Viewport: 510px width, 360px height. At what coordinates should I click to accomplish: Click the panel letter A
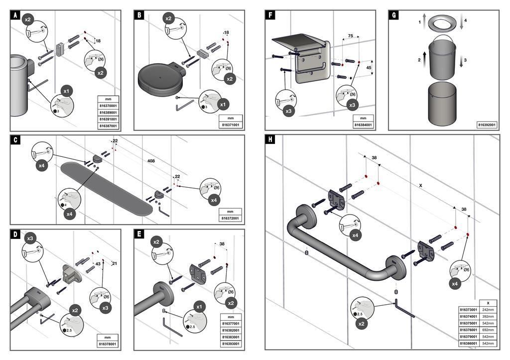click(15, 16)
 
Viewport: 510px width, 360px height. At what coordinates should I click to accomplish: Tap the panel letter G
click(394, 15)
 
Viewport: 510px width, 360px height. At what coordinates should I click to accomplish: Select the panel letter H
click(270, 139)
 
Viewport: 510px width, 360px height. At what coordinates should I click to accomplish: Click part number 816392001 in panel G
click(486, 124)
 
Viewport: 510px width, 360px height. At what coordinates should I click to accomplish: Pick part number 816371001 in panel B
click(231, 124)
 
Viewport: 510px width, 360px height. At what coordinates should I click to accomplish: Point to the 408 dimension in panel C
click(151, 161)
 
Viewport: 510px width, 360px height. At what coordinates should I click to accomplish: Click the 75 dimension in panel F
click(351, 36)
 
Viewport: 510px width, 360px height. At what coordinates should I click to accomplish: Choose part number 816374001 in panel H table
click(469, 316)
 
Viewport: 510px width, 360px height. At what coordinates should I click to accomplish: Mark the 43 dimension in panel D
click(98, 263)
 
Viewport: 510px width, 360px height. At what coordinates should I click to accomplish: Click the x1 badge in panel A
click(67, 91)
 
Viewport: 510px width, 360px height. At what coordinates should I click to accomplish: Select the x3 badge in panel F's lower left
click(288, 111)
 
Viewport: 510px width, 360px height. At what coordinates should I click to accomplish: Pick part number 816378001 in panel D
click(108, 344)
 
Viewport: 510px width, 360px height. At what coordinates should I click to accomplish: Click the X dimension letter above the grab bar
click(421, 185)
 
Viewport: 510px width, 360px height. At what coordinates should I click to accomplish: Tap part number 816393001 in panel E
click(231, 344)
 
